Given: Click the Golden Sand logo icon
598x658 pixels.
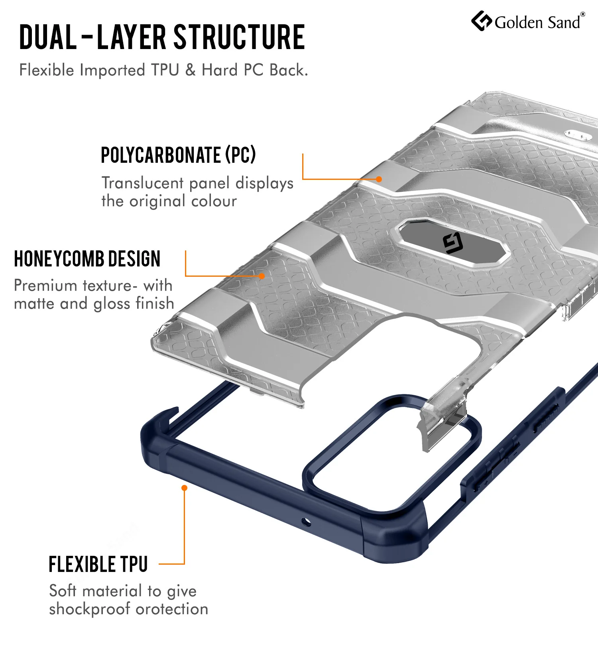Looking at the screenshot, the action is (x=482, y=21).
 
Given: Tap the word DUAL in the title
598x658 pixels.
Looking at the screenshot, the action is (x=48, y=37).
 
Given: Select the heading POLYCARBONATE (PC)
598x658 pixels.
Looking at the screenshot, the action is (x=178, y=155).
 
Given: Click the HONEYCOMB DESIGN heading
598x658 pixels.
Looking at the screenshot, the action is (x=87, y=259).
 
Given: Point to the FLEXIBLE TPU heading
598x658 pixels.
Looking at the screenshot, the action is (x=98, y=564).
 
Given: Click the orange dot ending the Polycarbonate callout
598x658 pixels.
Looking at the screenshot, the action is (x=379, y=179).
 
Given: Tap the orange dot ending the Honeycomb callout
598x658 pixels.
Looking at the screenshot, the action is (x=262, y=276).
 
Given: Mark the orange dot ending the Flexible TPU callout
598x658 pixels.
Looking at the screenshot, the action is (x=184, y=488).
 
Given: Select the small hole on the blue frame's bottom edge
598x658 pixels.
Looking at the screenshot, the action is (x=306, y=521).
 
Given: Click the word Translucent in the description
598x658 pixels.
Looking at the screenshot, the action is (x=143, y=183).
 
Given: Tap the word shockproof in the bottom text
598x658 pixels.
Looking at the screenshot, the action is (x=90, y=609).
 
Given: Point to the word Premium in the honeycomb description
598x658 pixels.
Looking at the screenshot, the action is (x=45, y=286).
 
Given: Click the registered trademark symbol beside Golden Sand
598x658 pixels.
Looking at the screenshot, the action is (x=583, y=14).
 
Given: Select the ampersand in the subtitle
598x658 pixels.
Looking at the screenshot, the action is (x=191, y=70).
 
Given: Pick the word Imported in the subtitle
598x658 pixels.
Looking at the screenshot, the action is (x=112, y=71).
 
